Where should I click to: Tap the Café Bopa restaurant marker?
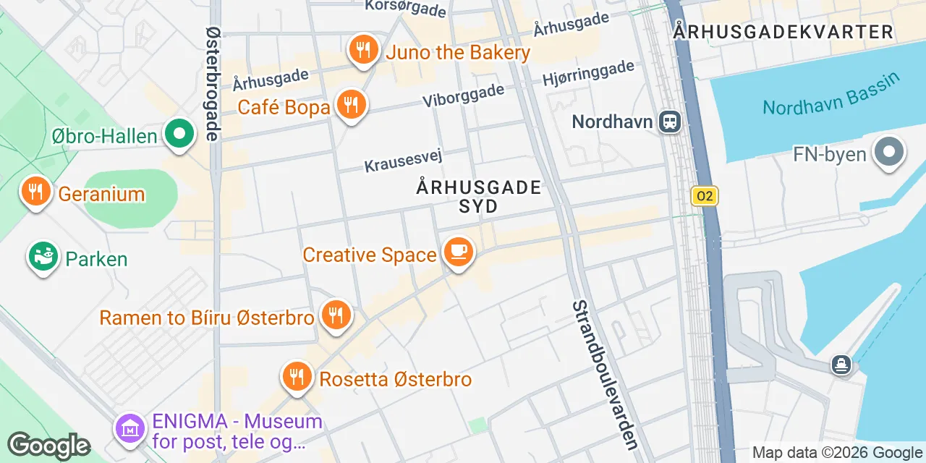351,106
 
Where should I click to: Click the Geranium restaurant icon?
35,192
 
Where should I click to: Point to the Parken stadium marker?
43,257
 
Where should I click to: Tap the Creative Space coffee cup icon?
457,252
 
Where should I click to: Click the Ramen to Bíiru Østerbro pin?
335,315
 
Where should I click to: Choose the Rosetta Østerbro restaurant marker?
297,377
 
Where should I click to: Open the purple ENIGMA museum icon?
130,429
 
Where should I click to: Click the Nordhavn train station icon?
670,122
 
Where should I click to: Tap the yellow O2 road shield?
704,195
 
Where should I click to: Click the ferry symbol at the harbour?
841,364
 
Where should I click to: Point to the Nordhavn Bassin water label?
832,95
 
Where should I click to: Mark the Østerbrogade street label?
213,83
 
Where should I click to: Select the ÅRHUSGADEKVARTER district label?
783,32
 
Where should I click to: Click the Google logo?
48,446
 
